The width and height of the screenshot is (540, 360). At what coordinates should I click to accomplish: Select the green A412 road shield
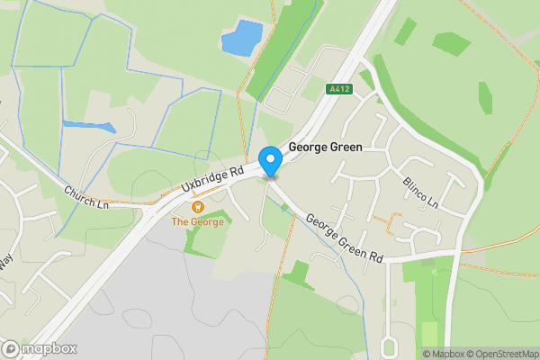[337, 89]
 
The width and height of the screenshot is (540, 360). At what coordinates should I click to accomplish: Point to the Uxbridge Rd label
[212, 178]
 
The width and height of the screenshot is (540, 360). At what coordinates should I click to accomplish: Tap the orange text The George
[198, 221]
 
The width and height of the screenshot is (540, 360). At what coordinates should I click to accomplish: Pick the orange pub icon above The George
[198, 207]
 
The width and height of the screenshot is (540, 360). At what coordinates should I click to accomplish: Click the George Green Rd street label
[345, 238]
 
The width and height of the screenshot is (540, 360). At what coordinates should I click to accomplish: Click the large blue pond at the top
[241, 38]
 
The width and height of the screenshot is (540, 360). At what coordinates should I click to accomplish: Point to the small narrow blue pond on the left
[89, 127]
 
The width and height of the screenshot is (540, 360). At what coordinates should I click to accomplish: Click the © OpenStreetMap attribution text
[494, 354]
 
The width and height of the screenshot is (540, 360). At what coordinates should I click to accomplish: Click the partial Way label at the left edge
[5, 259]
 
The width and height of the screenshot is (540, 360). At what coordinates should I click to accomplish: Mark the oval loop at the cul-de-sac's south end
[390, 346]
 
